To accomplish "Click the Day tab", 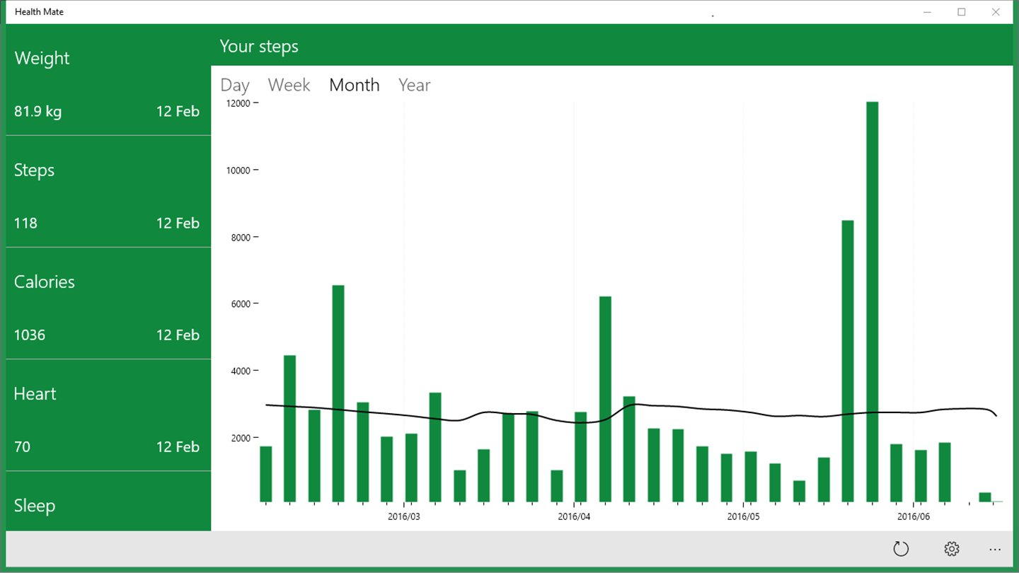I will pos(235,85).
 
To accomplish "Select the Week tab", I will pos(289,85).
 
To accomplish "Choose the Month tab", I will pos(354,85).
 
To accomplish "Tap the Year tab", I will pos(414,85).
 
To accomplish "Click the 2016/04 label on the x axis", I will pos(574,517).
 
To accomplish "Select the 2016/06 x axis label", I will pos(913,517).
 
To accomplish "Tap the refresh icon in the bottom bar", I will pos(900,549).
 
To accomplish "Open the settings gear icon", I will pos(952,549).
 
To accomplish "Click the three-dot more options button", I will pos(995,549).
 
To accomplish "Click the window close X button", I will pos(996,12).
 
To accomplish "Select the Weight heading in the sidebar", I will pos(42,58).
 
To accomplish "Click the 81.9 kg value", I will pos(38,111).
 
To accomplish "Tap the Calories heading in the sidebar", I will pos(45,282).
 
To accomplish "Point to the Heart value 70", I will pos(22,446).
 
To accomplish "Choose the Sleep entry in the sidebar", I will pos(35,505).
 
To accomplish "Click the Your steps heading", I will pos(259,46).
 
